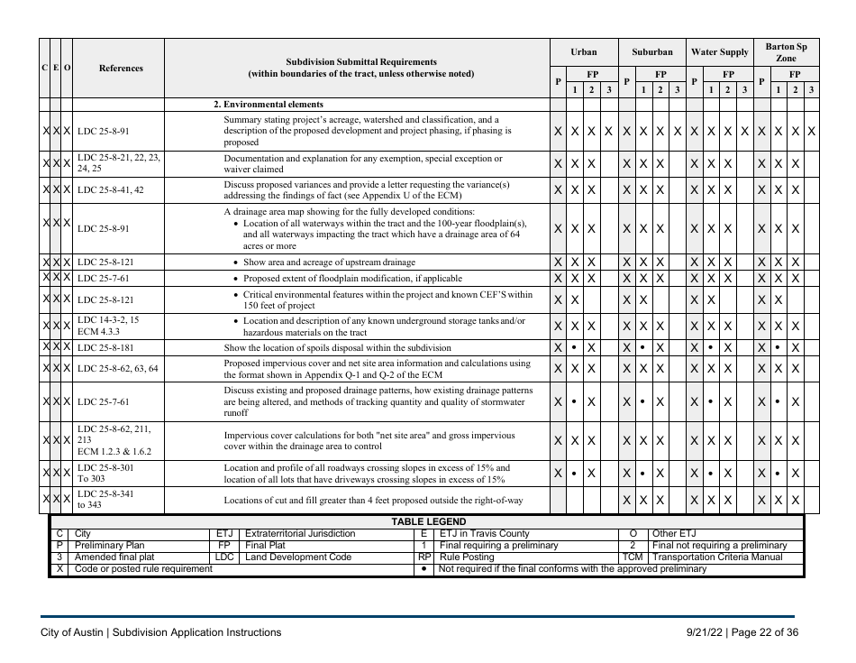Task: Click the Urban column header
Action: (x=584, y=52)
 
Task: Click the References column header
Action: (x=120, y=68)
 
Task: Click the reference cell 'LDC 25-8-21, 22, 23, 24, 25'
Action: (x=119, y=162)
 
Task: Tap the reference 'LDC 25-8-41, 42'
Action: (x=111, y=190)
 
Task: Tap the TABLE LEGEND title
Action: (x=428, y=521)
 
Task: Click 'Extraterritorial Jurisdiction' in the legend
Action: (x=300, y=533)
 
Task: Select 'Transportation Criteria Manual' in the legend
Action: (x=718, y=557)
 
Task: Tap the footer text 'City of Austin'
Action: (x=71, y=632)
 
